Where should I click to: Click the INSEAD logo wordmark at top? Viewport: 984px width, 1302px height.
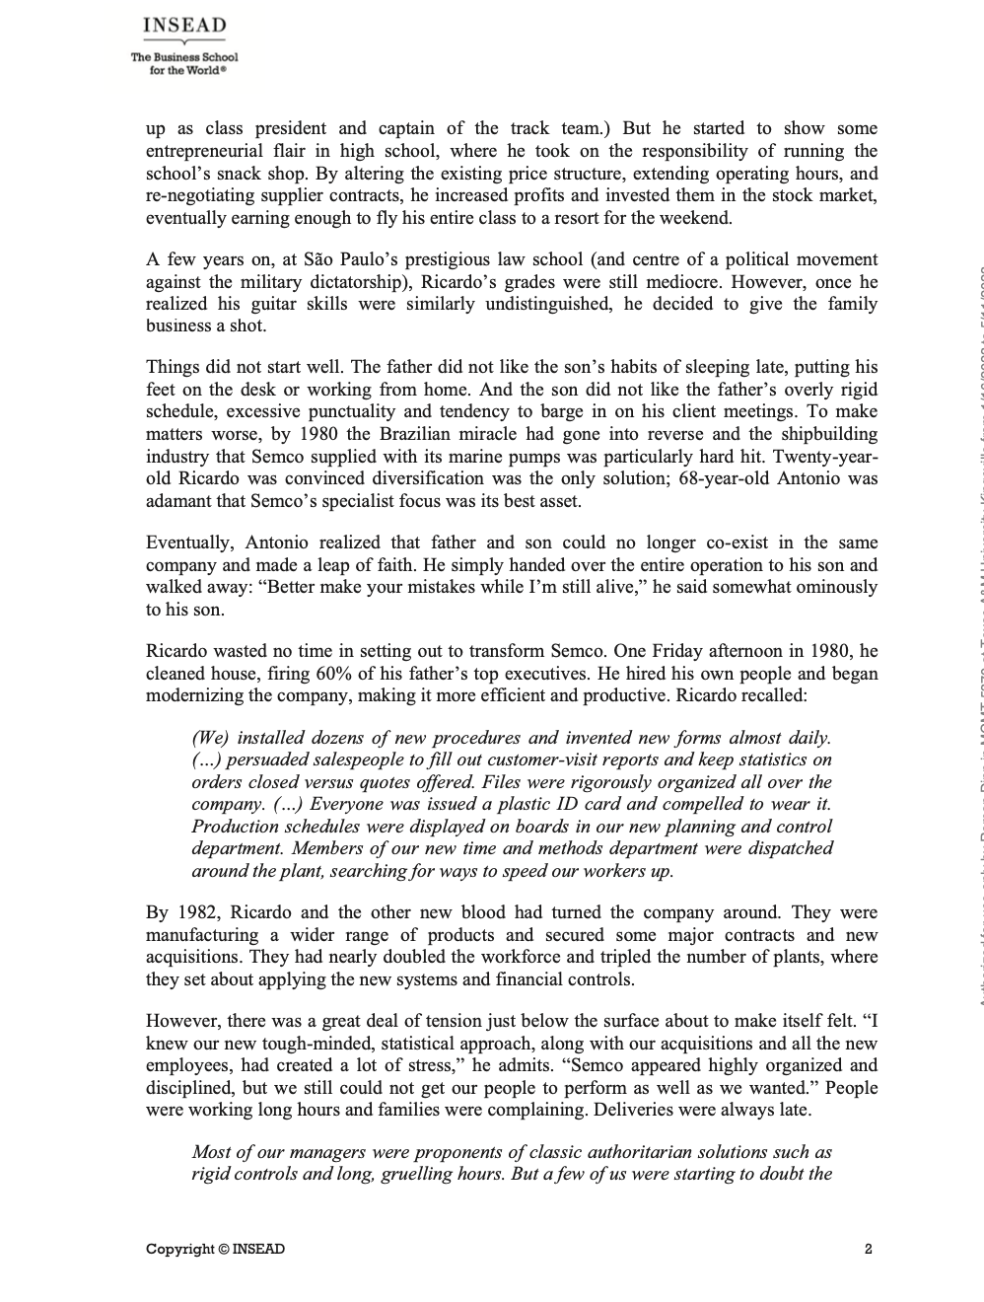[184, 26]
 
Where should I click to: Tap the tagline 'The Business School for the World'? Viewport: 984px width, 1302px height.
[184, 62]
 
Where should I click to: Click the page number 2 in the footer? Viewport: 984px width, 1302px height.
[868, 1249]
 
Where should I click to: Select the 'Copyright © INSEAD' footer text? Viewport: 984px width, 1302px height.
[215, 1249]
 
